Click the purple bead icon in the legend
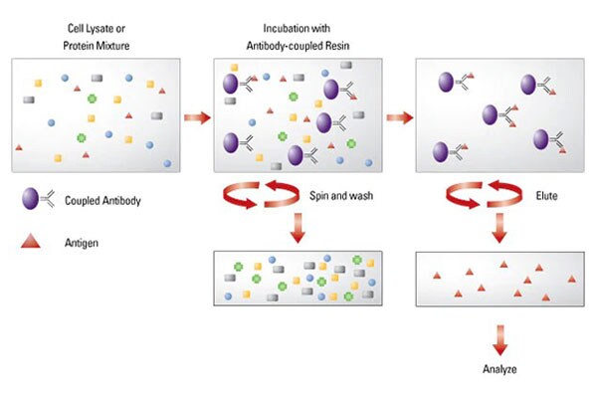coord(30,200)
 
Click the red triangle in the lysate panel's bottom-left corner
coord(19,148)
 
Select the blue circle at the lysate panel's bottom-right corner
coord(167,162)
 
